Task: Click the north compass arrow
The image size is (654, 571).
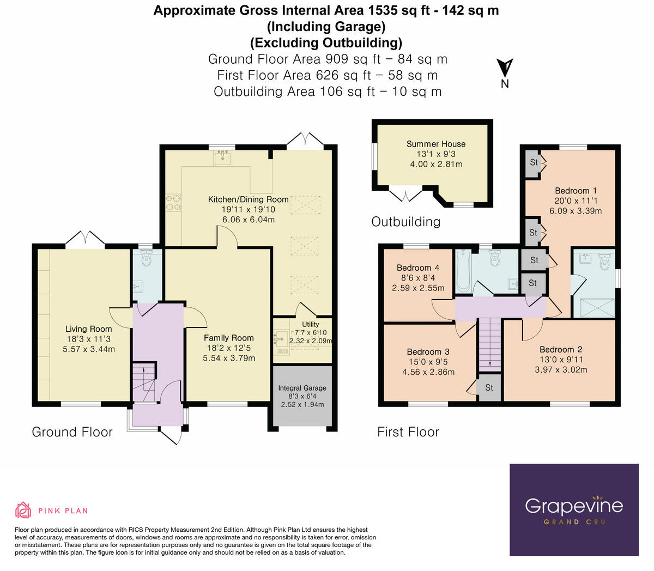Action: [505, 68]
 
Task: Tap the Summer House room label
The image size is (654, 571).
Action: [436, 144]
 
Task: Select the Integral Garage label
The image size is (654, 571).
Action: [302, 388]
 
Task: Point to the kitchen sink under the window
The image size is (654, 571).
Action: [223, 159]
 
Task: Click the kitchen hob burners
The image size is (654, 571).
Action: [173, 202]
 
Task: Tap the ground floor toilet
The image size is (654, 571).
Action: [146, 259]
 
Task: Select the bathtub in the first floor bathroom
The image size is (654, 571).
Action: [463, 270]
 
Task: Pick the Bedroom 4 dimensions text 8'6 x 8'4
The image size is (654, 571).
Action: [417, 278]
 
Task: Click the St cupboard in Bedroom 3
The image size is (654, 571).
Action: [489, 387]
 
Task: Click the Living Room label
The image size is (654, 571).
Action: [88, 329]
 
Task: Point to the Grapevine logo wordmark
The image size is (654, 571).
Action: [574, 506]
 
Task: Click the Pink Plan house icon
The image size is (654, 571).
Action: [23, 511]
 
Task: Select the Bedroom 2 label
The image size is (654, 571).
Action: [561, 349]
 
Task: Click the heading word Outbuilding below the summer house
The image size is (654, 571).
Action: [405, 222]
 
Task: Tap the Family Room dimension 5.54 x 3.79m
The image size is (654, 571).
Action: [229, 358]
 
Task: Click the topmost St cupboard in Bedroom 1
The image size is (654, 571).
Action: [534, 162]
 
